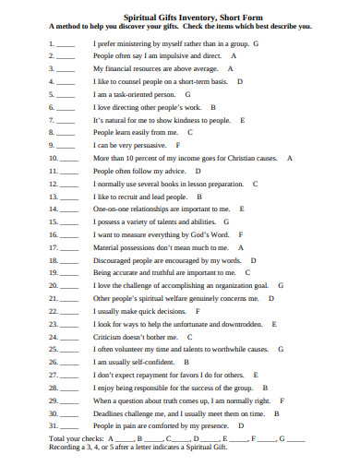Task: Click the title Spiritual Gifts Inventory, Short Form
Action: pos(180,17)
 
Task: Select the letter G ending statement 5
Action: pos(188,94)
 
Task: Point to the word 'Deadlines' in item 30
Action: pos(111,413)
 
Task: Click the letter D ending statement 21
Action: pos(270,299)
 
